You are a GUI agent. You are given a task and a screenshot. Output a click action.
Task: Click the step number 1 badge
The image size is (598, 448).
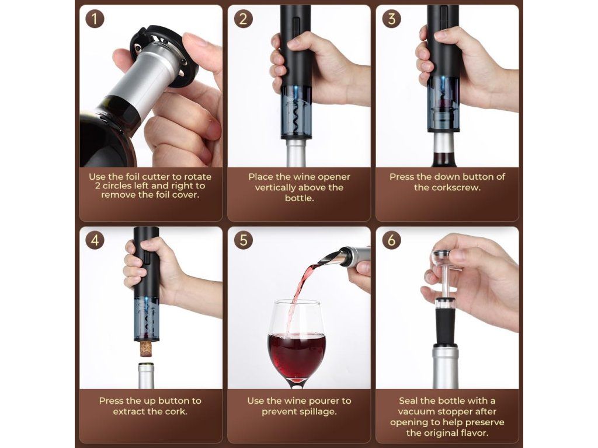click(95, 19)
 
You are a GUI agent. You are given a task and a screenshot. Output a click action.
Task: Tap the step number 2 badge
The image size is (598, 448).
click(244, 19)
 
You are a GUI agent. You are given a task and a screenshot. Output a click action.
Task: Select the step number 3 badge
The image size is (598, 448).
click(392, 19)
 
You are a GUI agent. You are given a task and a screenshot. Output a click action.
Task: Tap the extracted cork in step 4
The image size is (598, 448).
click(145, 348)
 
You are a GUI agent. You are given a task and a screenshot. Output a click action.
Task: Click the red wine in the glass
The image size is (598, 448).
click(297, 354)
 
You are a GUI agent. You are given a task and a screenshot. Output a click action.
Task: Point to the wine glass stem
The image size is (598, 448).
click(297, 384)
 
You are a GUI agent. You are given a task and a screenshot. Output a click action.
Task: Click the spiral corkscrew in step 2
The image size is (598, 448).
click(296, 115)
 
